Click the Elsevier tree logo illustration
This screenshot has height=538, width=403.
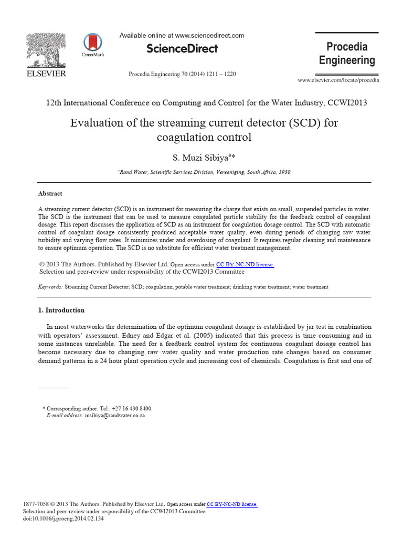tap(46, 50)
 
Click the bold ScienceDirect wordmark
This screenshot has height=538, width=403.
tap(182, 48)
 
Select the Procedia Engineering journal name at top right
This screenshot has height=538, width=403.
tap(347, 54)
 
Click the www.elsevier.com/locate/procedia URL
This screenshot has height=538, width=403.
tap(338, 80)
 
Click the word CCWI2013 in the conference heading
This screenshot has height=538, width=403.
tap(347, 102)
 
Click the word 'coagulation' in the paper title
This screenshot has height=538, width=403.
tap(179, 138)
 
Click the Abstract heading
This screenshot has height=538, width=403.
tap(50, 193)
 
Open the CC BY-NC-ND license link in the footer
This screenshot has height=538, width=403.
tap(232, 504)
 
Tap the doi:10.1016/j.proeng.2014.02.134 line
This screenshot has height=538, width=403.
tap(63, 519)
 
